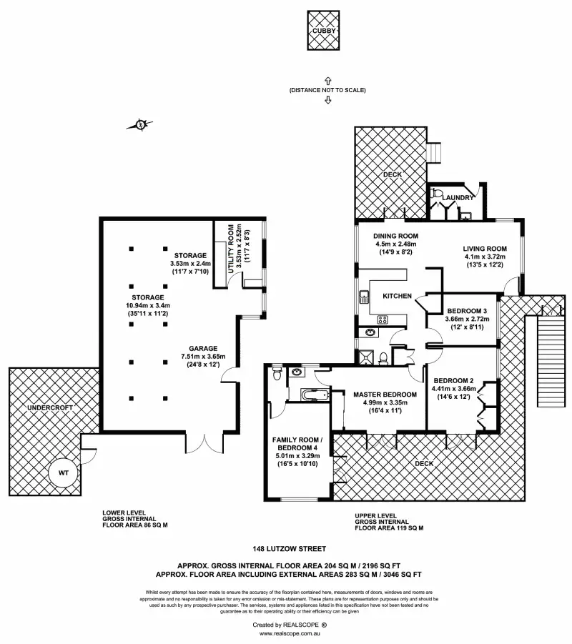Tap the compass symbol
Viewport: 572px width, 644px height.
click(140, 126)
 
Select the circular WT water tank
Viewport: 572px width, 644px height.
click(64, 472)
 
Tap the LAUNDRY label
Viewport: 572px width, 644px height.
click(458, 197)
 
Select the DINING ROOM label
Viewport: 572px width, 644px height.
click(396, 236)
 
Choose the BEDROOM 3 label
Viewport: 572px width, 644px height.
click(467, 310)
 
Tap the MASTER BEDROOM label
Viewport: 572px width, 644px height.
click(385, 394)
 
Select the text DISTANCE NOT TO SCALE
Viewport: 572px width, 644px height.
click(327, 90)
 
